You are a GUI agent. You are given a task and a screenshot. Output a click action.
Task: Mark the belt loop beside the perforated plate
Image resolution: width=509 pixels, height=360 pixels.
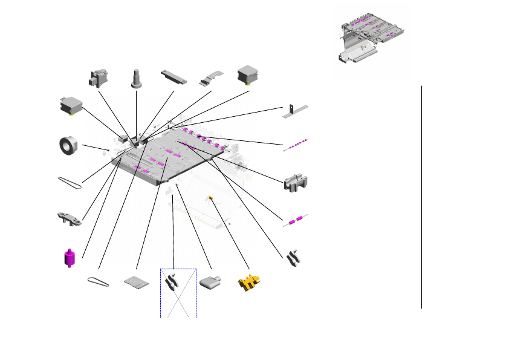tap(99, 281)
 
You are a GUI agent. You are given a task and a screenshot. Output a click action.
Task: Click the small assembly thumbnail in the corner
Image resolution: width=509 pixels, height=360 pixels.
tap(369, 42)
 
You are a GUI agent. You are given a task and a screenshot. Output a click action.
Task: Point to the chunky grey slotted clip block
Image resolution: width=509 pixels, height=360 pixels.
tap(296, 182)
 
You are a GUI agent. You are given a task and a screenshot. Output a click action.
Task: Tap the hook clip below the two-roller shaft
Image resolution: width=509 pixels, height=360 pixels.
tap(295, 257)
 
